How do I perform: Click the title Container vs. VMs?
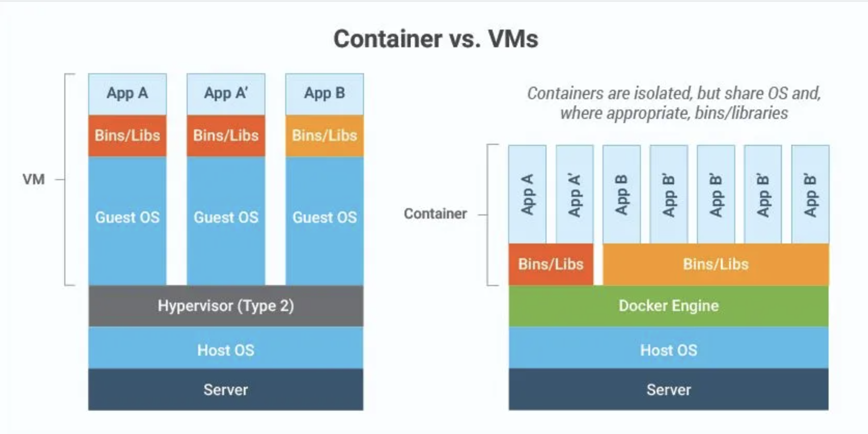click(436, 39)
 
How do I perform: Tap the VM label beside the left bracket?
click(34, 180)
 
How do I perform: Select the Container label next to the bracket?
click(435, 214)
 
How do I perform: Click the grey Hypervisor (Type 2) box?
click(226, 306)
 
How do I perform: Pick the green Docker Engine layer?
click(668, 306)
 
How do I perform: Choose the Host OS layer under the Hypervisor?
click(226, 350)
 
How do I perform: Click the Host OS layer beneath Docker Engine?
click(668, 350)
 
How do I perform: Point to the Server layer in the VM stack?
click(226, 390)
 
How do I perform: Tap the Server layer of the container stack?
click(668, 390)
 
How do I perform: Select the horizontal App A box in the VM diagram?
click(127, 94)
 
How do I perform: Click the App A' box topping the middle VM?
click(226, 94)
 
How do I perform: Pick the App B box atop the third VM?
click(325, 94)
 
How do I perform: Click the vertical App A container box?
click(527, 195)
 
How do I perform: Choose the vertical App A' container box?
click(575, 195)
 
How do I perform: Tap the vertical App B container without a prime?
click(621, 195)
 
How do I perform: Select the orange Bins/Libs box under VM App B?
click(325, 135)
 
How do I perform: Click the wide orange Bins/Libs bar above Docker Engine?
click(716, 264)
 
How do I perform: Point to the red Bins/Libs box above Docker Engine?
click(551, 264)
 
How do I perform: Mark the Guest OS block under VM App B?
click(325, 218)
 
